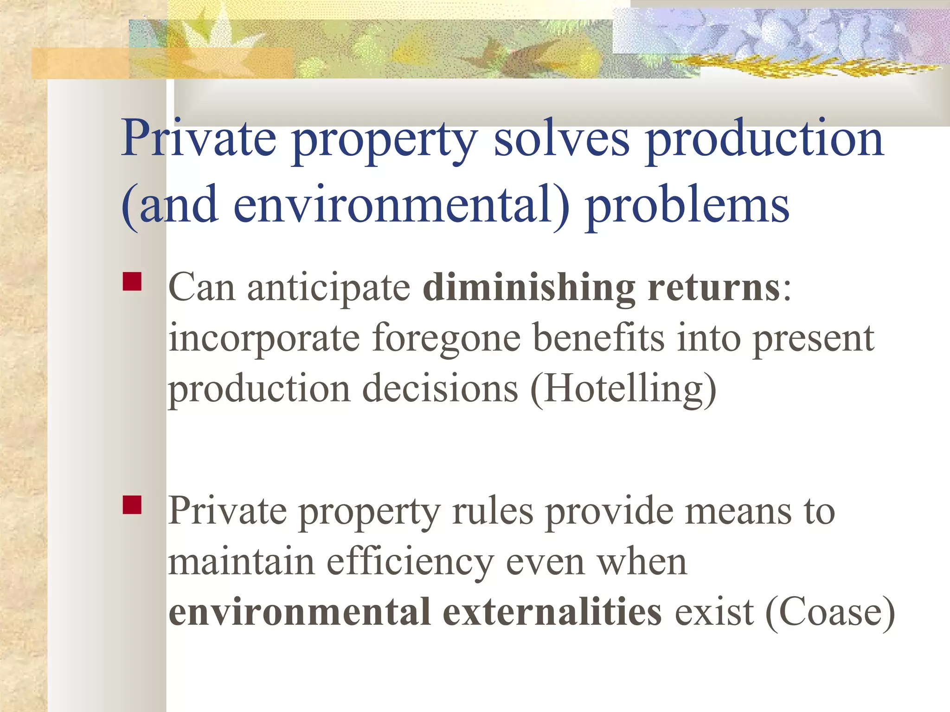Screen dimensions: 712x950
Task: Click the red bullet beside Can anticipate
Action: point(132,281)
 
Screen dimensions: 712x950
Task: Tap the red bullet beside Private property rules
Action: point(132,505)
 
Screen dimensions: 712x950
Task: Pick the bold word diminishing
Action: point(528,288)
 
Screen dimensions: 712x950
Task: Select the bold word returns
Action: point(714,288)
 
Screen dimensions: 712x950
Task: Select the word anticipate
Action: point(328,288)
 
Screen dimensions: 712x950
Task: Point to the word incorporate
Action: point(264,338)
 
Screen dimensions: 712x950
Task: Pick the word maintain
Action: point(241,562)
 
